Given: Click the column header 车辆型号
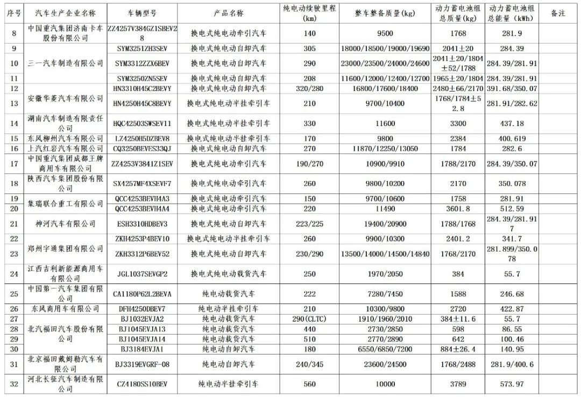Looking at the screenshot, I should (x=142, y=12).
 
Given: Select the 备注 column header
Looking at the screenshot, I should (x=558, y=12).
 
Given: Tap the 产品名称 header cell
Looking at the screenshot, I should (x=228, y=12).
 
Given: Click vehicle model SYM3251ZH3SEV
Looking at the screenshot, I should (x=142, y=48).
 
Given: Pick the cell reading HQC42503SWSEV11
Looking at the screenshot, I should (x=142, y=123).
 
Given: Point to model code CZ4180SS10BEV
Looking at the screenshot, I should (x=142, y=384).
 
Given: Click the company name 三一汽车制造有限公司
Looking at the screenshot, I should (x=66, y=64).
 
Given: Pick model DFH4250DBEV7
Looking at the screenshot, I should (x=142, y=309).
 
